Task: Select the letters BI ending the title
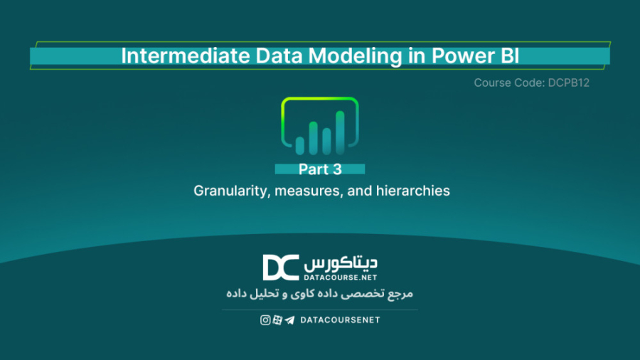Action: (508, 56)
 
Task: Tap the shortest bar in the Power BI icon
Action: (300, 145)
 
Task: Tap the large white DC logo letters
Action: (280, 268)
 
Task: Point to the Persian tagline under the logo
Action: (319, 293)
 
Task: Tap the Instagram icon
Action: (265, 320)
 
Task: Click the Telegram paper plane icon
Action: (289, 320)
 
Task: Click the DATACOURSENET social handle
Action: (340, 320)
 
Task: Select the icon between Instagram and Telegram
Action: (277, 320)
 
